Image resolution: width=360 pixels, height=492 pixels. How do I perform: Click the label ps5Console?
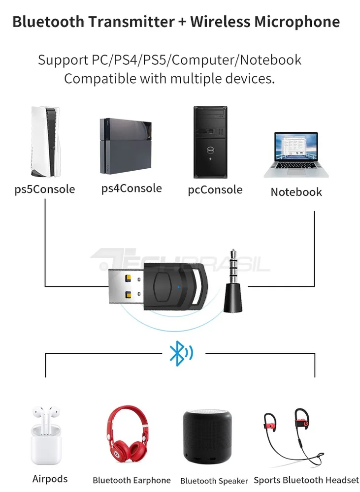point(45,189)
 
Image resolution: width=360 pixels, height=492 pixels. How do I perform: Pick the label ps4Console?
point(131,188)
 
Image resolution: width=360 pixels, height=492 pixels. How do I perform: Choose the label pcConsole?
point(215,189)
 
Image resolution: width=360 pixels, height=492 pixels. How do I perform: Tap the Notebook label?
point(296,192)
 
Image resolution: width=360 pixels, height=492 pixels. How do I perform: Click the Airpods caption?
point(50,479)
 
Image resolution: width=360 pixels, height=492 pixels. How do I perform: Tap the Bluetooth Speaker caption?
point(214,481)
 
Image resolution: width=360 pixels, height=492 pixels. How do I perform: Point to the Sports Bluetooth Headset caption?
point(306,480)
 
